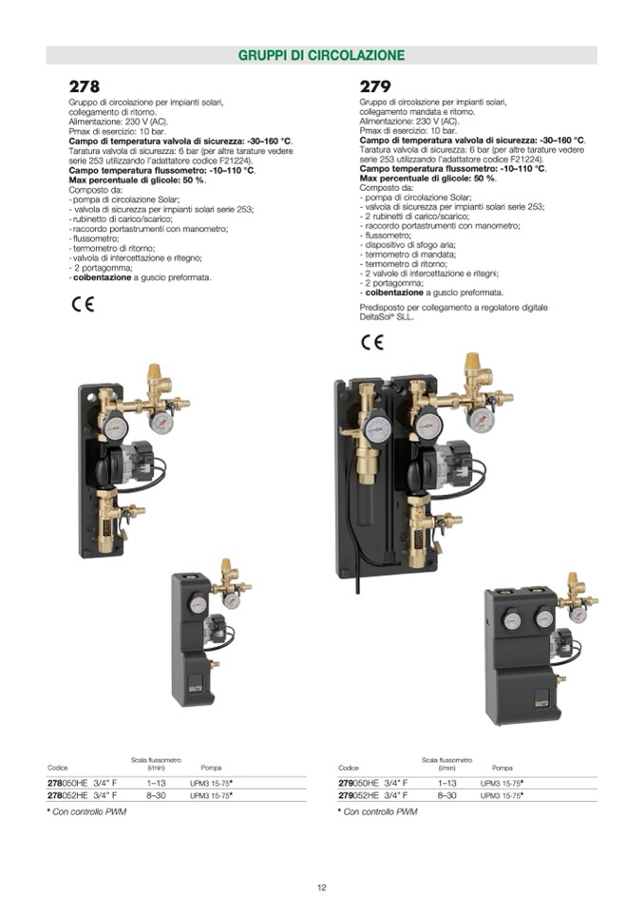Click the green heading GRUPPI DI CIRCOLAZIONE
click(321, 55)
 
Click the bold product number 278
click(85, 86)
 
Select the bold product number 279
click(375, 86)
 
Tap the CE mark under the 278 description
click(83, 305)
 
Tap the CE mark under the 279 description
click(372, 342)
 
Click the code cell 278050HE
click(67, 783)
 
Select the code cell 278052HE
click(67, 795)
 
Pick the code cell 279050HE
click(358, 783)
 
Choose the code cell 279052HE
click(358, 795)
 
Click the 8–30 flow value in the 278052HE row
click(156, 795)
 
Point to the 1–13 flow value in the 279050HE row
click(447, 783)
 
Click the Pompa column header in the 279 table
click(502, 769)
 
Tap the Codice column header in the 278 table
click(58, 769)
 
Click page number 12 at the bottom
click(322, 888)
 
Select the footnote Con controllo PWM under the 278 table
click(89, 811)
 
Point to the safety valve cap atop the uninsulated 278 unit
click(155, 371)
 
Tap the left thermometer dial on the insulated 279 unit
click(512, 619)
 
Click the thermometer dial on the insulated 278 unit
click(198, 604)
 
